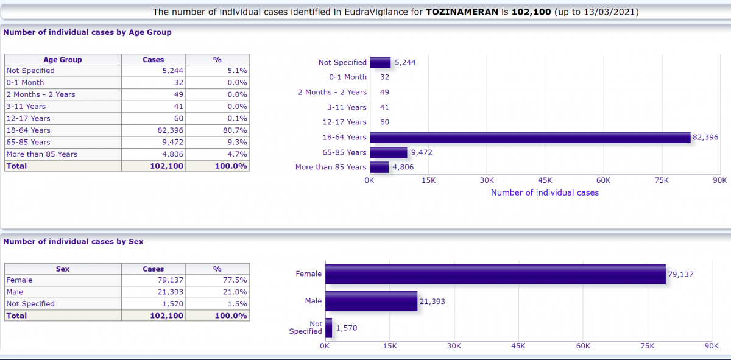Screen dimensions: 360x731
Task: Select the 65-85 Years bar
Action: pyautogui.click(x=388, y=152)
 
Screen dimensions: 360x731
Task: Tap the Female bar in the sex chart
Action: pyautogui.click(x=495, y=274)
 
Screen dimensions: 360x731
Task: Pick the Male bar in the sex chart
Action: pyautogui.click(x=371, y=301)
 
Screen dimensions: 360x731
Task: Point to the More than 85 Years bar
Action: pyautogui.click(x=379, y=167)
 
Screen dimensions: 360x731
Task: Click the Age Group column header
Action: pyautogui.click(x=63, y=60)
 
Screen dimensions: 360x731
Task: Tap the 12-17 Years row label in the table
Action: pyautogui.click(x=29, y=118)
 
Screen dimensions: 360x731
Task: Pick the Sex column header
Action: pyautogui.click(x=63, y=269)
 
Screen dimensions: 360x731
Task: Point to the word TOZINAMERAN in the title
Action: pyautogui.click(x=462, y=12)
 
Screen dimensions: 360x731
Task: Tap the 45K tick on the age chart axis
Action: pyautogui.click(x=545, y=180)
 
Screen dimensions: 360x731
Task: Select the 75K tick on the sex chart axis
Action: pyautogui.click(x=648, y=345)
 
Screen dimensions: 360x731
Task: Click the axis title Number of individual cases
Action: pyautogui.click(x=545, y=192)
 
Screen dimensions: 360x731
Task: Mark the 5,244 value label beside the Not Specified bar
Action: pyautogui.click(x=405, y=62)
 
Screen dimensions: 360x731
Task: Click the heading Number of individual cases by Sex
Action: pyautogui.click(x=73, y=242)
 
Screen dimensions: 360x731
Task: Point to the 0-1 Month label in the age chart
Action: pyautogui.click(x=347, y=77)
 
